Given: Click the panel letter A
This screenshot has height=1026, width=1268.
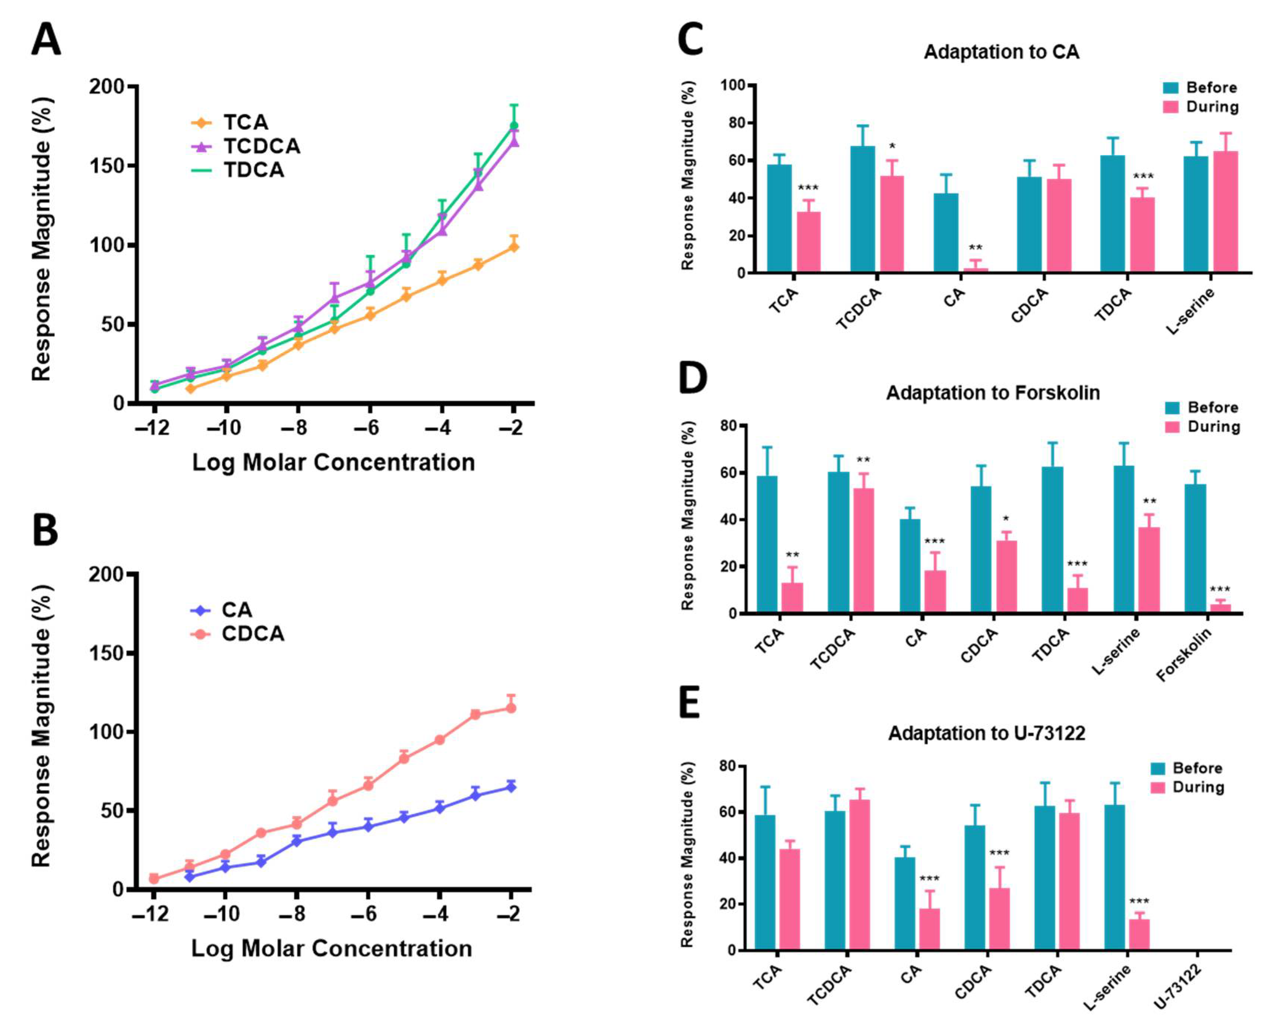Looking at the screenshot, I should pos(46,40).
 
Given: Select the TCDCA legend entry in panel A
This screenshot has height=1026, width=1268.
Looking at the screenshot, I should pos(261,146).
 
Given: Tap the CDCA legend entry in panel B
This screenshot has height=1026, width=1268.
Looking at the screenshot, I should pos(252,634).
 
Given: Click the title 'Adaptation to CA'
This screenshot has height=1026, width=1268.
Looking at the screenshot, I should pos(1002,52).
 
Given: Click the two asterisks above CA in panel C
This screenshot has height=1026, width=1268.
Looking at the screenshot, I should pos(975,248).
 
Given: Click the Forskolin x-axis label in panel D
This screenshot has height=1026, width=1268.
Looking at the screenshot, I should pos(1184,655).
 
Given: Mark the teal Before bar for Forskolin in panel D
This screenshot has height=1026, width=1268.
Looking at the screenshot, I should pos(1195,548).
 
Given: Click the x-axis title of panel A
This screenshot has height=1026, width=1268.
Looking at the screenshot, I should pos(333,462).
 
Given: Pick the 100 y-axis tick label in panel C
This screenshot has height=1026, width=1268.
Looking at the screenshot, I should pos(733,86).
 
